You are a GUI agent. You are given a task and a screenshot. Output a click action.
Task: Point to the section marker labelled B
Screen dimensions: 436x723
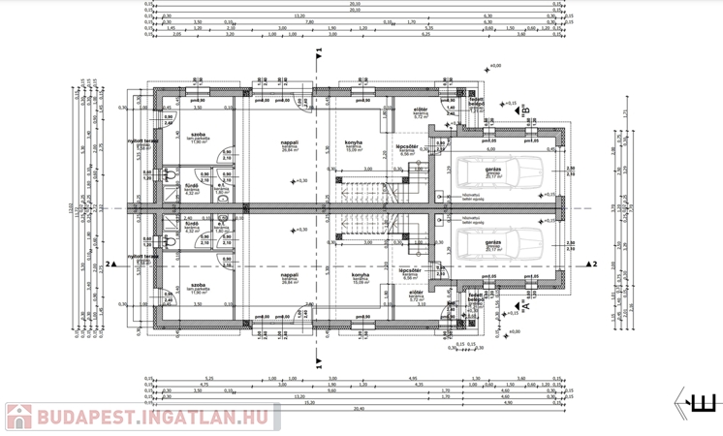[524, 111]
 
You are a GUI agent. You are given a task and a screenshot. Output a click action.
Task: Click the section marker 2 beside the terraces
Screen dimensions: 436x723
[112, 264]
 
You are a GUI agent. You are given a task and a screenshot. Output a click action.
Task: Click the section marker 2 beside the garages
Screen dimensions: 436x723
[592, 264]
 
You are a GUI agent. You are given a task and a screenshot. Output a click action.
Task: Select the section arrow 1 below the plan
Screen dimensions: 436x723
[319, 362]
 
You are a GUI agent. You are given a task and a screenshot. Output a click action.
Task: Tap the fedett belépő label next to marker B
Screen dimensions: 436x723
[477, 102]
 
